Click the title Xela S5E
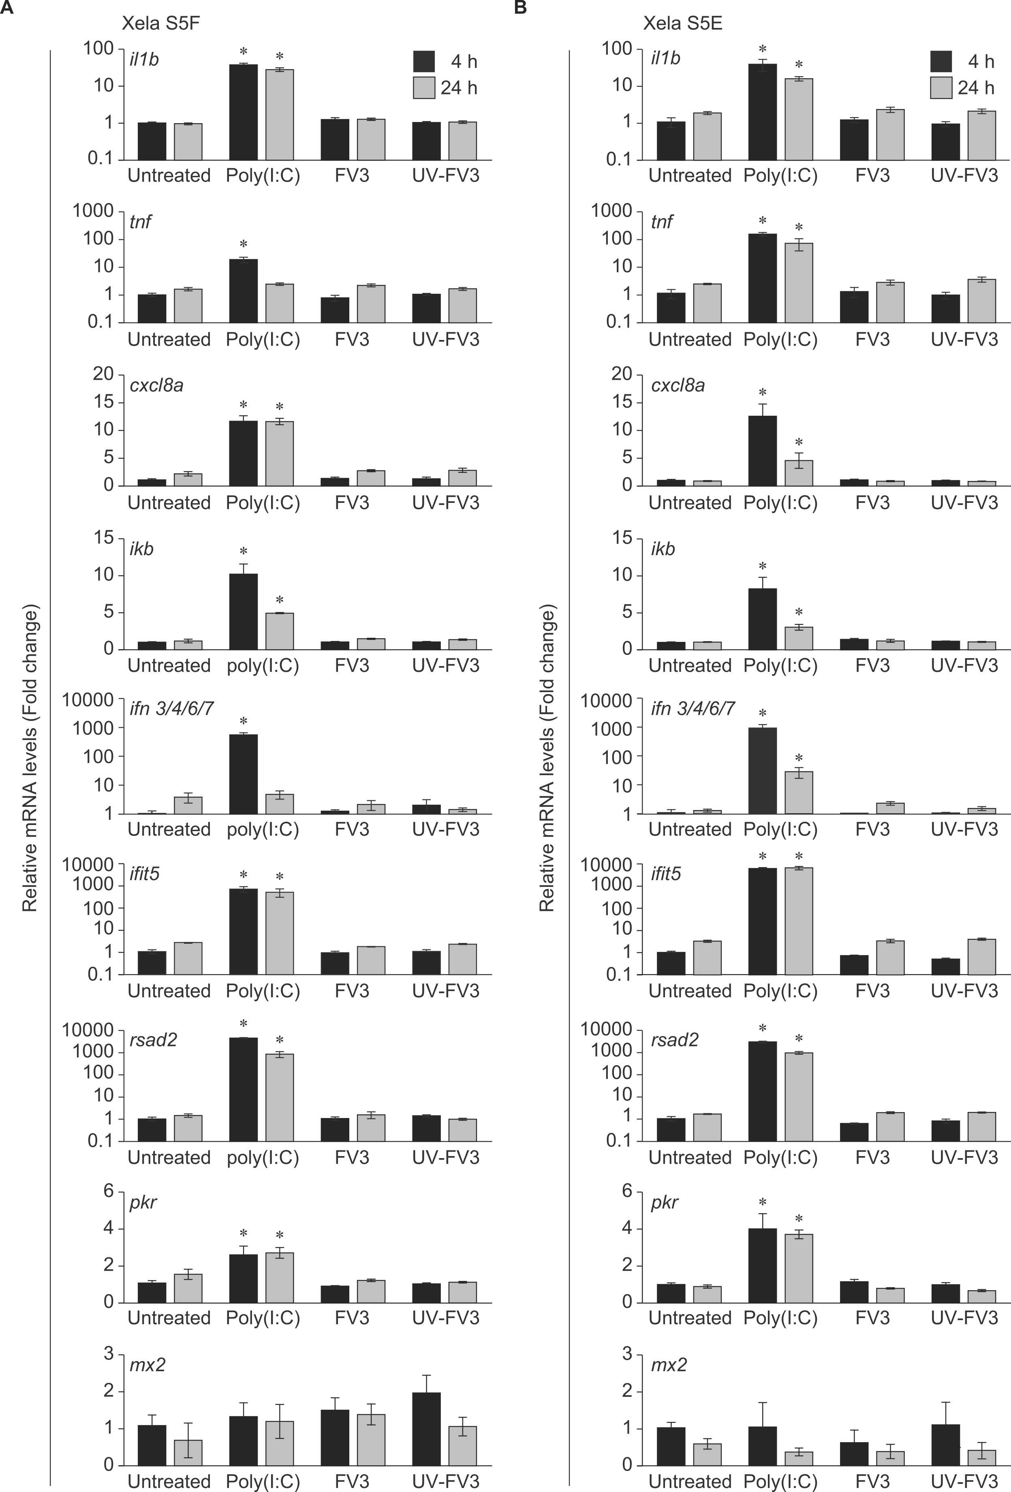tap(683, 24)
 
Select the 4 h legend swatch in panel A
tap(424, 61)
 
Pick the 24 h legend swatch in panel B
tap(941, 87)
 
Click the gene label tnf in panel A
tap(141, 222)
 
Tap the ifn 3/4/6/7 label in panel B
tap(693, 709)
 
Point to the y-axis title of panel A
tap(30, 758)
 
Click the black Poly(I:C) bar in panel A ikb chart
tap(243, 611)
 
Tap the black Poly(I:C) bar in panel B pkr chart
tap(763, 1265)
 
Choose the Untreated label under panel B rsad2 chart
tap(690, 1158)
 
